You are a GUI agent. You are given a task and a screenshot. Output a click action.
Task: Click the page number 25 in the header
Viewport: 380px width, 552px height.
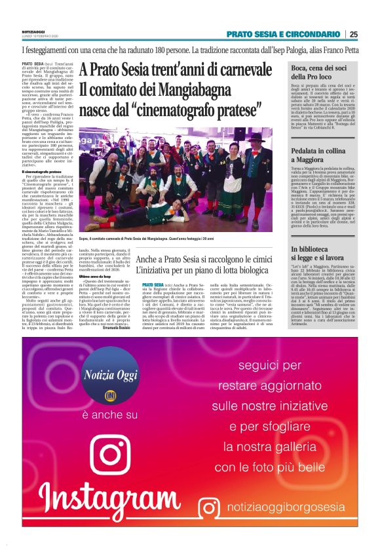pyautogui.click(x=354, y=35)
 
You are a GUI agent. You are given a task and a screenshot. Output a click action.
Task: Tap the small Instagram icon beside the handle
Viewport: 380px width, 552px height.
pyautogui.click(x=211, y=508)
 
